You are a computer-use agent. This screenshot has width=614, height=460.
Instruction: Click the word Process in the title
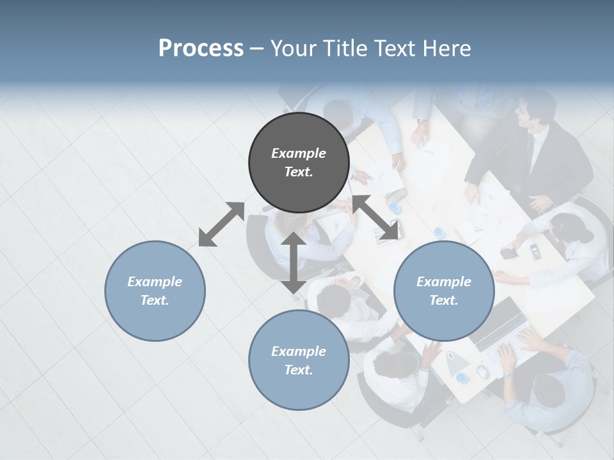(x=201, y=49)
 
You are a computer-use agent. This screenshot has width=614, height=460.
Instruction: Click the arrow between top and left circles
(x=221, y=224)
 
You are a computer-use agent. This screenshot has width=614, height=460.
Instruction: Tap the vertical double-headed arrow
(x=293, y=263)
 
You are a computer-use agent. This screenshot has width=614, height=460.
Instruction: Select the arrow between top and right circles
(x=375, y=217)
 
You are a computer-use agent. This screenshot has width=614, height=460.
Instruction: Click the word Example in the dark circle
(x=299, y=153)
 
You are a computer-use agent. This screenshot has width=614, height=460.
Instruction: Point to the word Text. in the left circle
(x=155, y=300)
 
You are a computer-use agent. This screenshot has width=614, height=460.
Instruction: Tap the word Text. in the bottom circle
(x=299, y=370)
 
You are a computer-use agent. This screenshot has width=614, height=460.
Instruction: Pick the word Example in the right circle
(x=444, y=282)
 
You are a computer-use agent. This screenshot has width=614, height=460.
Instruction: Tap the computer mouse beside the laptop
(x=483, y=371)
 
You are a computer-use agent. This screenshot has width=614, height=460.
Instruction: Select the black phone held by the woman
(x=509, y=253)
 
